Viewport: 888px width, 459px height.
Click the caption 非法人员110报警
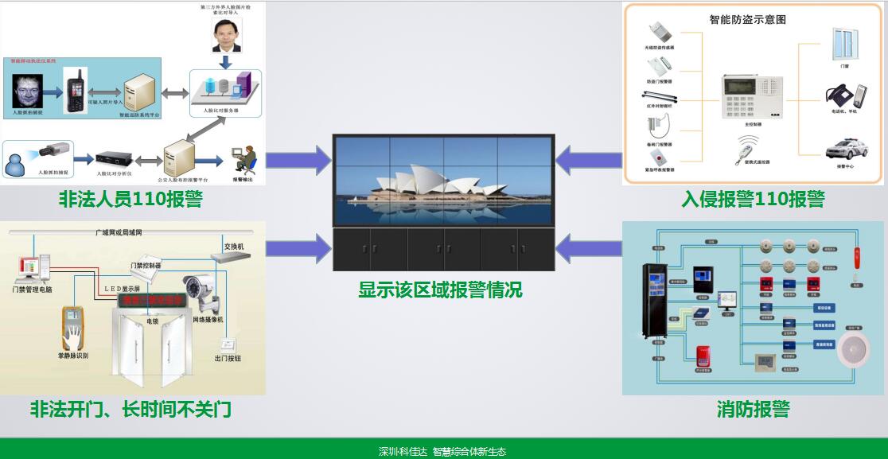click(130, 199)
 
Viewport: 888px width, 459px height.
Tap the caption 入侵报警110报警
click(753, 199)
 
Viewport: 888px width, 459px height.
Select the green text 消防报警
click(753, 409)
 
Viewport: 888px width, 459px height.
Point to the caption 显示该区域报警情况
click(440, 290)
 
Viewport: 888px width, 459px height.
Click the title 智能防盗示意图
click(746, 18)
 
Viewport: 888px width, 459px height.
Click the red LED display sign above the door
click(151, 301)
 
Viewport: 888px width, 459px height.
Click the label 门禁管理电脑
click(33, 290)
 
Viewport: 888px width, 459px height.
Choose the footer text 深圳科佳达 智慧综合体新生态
click(442, 451)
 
